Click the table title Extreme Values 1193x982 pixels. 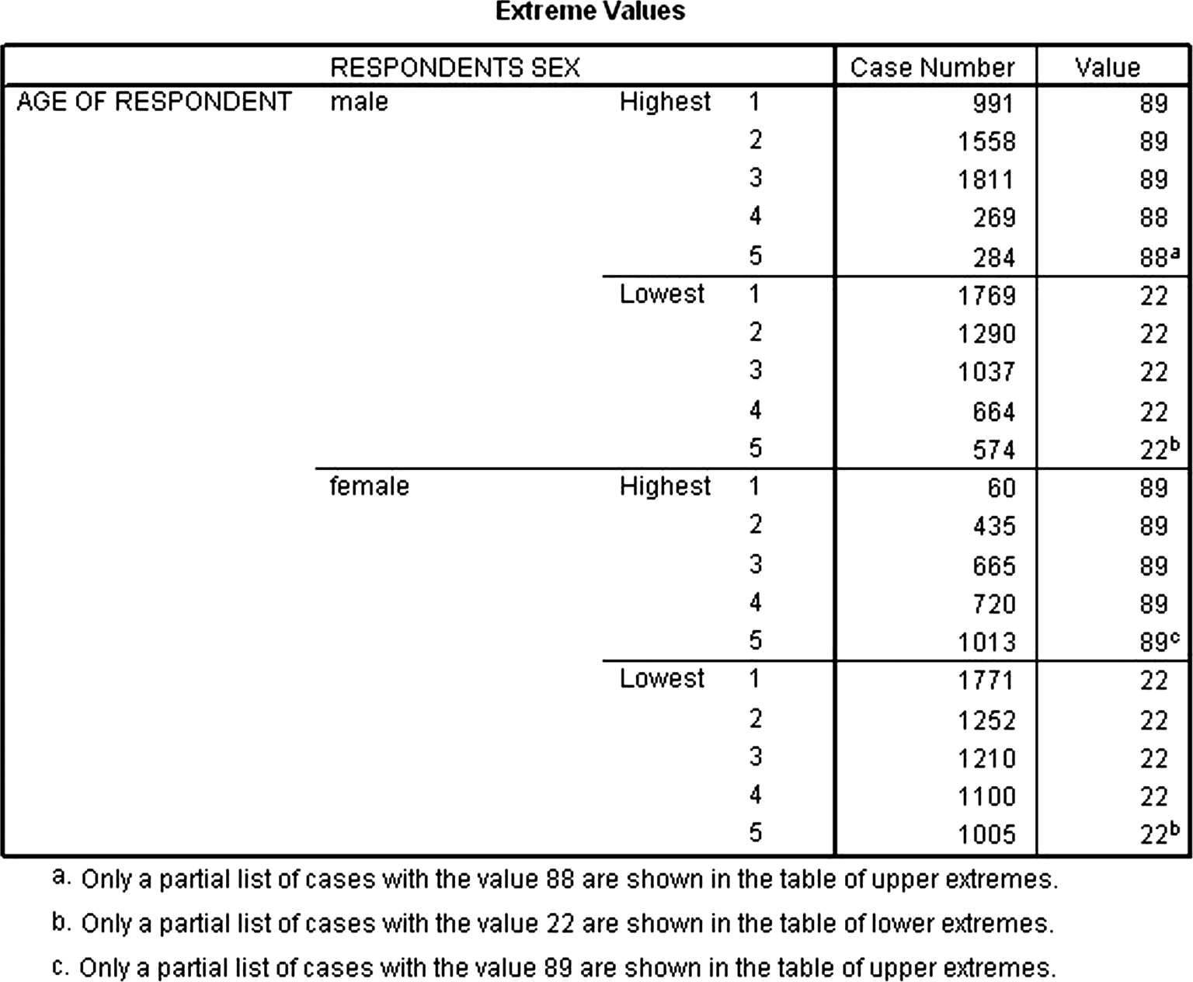point(590,12)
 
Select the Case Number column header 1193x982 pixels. point(932,68)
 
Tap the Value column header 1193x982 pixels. point(1107,68)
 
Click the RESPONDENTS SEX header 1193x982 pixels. point(455,68)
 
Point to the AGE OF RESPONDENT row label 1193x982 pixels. point(154,102)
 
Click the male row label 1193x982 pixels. point(359,102)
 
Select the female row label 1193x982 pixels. point(369,486)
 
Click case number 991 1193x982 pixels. point(993,103)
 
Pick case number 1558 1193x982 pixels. point(986,141)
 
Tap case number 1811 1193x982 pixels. point(986,180)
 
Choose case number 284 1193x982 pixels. point(994,257)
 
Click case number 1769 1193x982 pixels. point(986,296)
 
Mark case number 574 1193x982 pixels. point(994,450)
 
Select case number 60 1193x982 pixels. point(1001,488)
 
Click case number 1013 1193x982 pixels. point(986,642)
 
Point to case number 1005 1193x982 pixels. point(986,834)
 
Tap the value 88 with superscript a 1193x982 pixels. point(1158,257)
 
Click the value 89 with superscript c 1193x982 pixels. point(1158,642)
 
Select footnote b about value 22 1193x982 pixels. point(553,924)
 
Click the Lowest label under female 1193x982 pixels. point(662,679)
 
